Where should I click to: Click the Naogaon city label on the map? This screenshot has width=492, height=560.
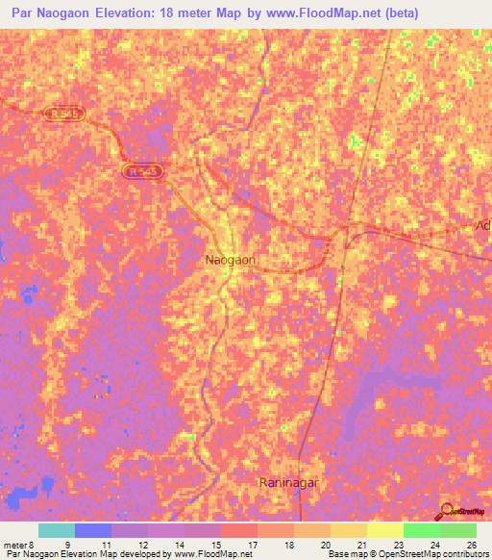(230, 260)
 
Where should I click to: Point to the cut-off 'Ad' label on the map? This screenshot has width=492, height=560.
(482, 226)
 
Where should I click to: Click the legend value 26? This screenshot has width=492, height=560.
(471, 545)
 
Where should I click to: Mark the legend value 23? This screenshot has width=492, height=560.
(398, 545)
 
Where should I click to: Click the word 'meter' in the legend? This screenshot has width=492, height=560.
(16, 545)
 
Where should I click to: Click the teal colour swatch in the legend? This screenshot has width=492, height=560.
(57, 530)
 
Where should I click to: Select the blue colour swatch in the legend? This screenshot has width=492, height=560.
(93, 530)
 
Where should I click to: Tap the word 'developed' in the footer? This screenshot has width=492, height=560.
(141, 555)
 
